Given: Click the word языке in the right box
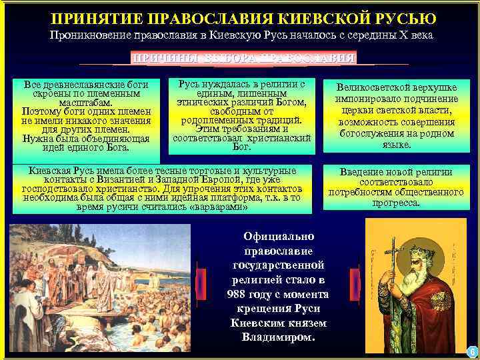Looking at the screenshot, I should (397, 143).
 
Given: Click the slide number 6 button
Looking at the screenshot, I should (471, 351).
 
